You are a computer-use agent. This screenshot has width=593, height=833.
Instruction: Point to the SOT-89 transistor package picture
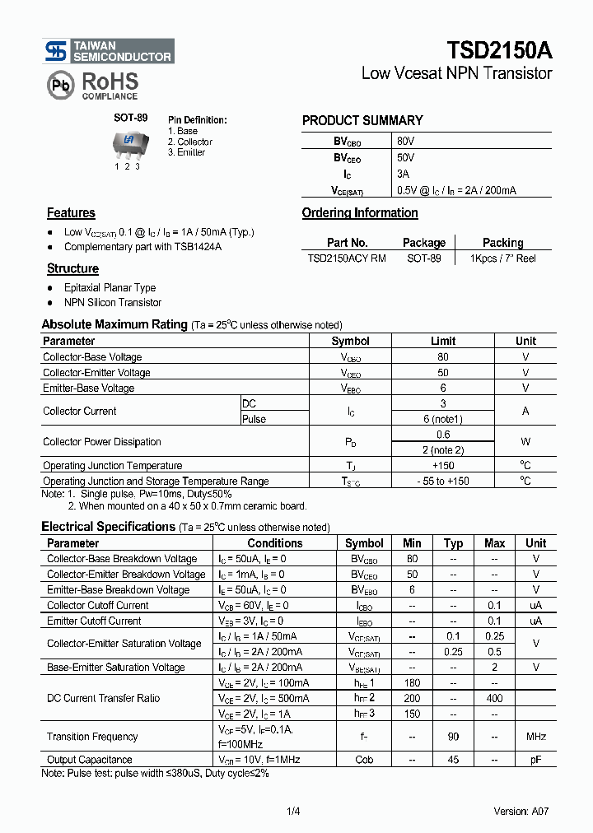pos(128,142)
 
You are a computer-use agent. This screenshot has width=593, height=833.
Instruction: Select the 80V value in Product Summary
pos(405,141)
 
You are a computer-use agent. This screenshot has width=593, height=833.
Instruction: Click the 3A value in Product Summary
pos(403,174)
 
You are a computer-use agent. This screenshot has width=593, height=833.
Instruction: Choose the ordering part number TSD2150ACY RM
pos(347,258)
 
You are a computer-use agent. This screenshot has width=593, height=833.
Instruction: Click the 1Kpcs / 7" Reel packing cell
pos(502,258)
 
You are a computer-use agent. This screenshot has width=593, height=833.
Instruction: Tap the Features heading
pos(71,213)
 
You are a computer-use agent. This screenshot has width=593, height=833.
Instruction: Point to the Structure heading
pos(72,269)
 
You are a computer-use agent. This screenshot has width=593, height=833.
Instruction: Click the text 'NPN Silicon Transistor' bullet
pos(113,303)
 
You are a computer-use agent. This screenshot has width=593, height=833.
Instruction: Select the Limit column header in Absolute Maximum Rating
pos(443,341)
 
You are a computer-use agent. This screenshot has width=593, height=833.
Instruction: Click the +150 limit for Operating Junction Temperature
pos(443,466)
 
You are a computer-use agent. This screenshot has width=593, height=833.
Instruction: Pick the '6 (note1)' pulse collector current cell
pos(443,419)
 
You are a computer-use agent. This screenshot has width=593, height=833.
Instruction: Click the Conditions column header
pos(275,543)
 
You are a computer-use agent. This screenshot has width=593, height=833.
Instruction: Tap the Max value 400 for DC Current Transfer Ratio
pos(494,698)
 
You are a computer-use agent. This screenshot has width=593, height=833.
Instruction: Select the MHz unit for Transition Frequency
pos(535,737)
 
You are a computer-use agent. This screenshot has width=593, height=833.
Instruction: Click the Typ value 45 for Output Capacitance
pos(453,760)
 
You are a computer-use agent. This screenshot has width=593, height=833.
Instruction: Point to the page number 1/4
pos(293,812)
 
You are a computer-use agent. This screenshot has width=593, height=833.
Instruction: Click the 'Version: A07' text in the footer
pos(521,812)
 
